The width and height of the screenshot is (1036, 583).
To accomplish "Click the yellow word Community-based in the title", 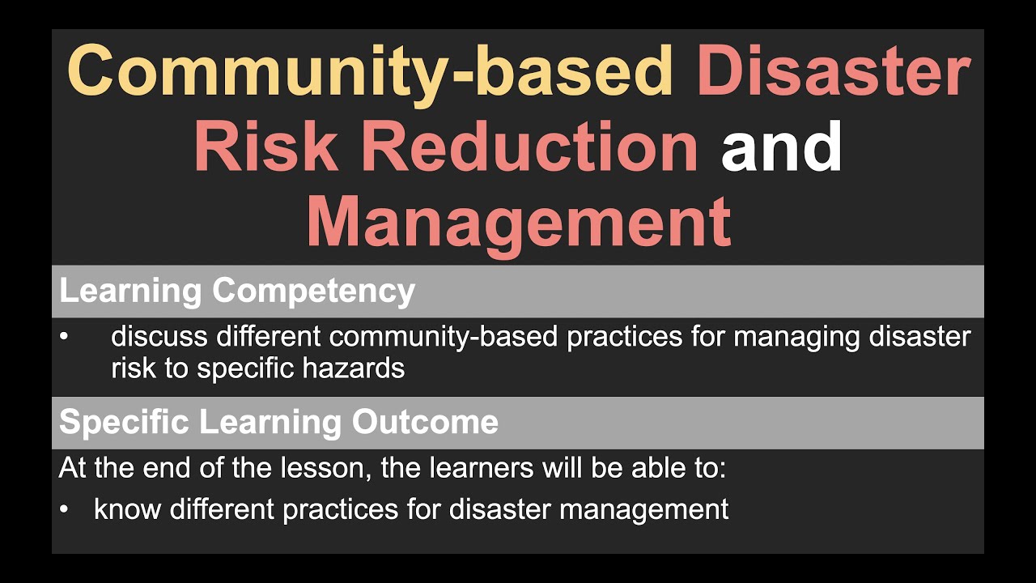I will (370, 71).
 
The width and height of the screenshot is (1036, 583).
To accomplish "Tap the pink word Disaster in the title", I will (833, 71).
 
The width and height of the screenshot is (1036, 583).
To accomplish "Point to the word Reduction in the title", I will (529, 148).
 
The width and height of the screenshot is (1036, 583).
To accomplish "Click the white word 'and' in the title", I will (782, 148).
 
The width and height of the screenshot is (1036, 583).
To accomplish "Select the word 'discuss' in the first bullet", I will (159, 336).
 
